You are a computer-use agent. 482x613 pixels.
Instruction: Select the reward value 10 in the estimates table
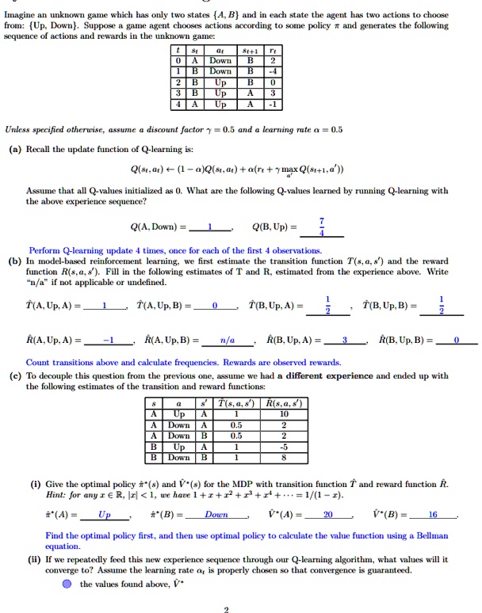point(281,413)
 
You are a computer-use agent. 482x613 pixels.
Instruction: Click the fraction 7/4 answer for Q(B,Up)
point(322,227)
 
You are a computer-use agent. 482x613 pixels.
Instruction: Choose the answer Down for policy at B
point(216,514)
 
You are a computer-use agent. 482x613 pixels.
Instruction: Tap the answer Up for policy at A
point(105,514)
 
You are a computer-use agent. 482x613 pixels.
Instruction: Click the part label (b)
point(15,260)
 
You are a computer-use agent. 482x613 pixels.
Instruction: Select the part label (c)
point(15,375)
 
